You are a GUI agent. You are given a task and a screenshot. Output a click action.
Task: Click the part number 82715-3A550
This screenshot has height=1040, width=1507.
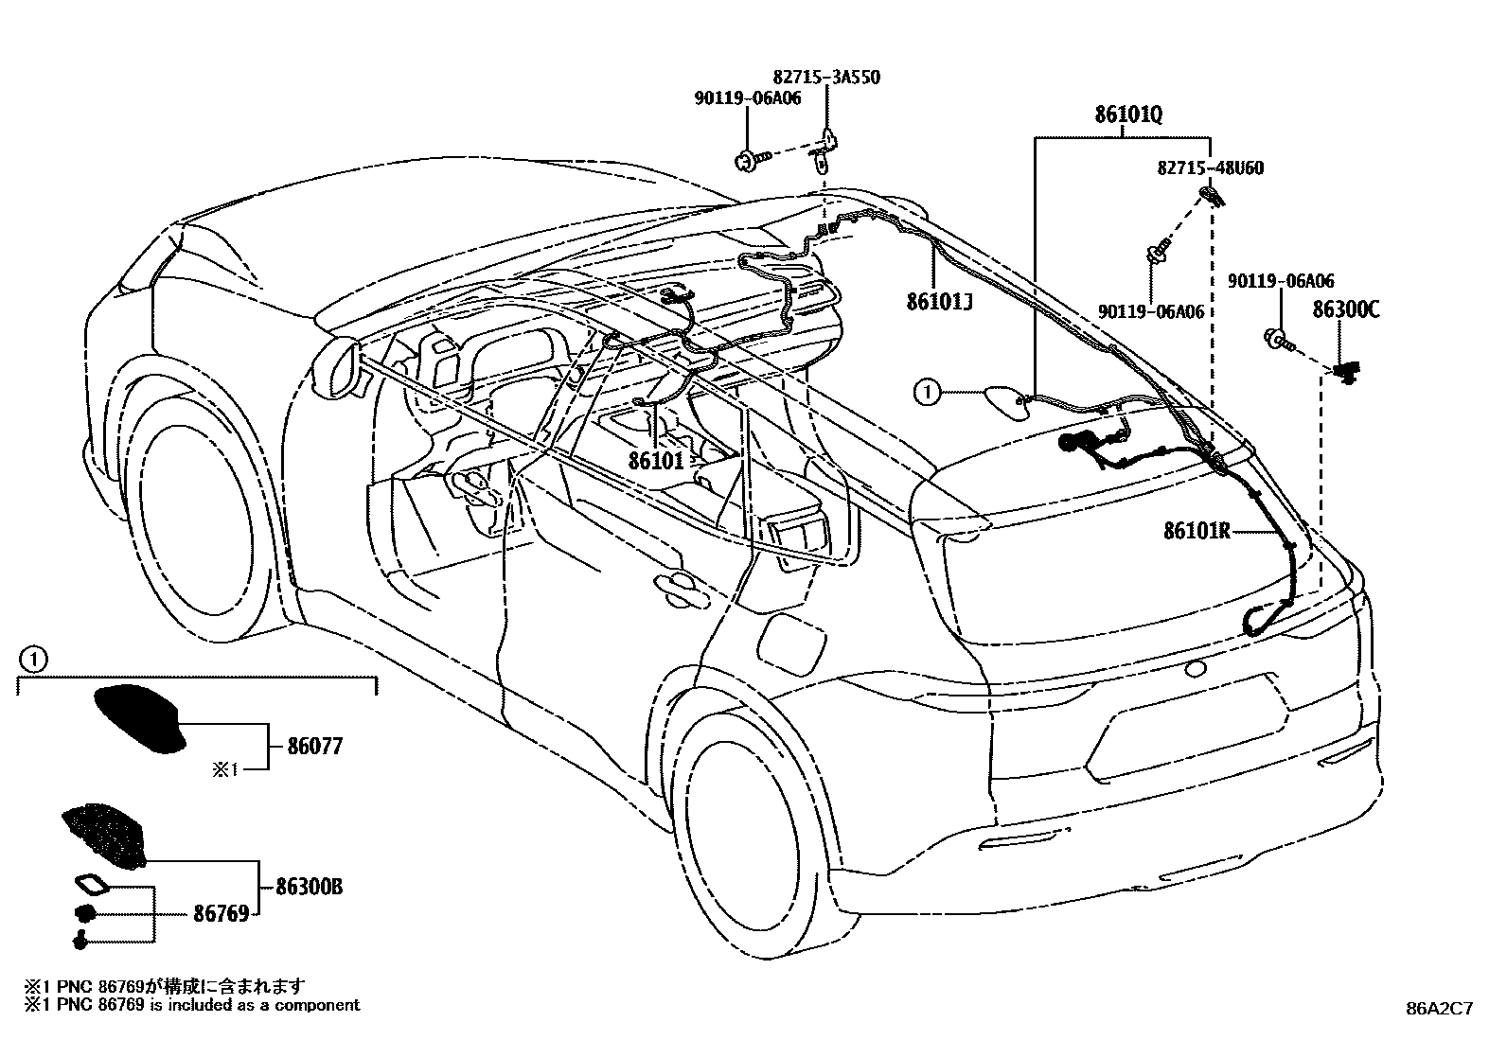(826, 77)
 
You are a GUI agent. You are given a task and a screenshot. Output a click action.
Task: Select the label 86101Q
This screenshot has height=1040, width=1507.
(1128, 115)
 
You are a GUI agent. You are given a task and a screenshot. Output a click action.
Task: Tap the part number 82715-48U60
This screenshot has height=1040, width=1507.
(1210, 168)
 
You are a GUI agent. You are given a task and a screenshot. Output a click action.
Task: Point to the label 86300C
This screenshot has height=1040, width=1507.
(1345, 309)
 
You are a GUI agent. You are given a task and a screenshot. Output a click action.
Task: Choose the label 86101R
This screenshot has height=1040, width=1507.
(1196, 531)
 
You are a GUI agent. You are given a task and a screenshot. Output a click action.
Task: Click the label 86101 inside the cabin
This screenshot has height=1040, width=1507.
(655, 460)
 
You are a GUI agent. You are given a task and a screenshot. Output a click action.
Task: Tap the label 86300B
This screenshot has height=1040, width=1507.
(309, 888)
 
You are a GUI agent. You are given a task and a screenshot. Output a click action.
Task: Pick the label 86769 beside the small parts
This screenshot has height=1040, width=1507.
(221, 913)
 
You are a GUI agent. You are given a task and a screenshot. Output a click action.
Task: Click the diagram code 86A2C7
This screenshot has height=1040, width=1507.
(1439, 1008)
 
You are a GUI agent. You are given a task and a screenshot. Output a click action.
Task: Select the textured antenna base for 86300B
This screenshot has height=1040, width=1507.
(104, 834)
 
